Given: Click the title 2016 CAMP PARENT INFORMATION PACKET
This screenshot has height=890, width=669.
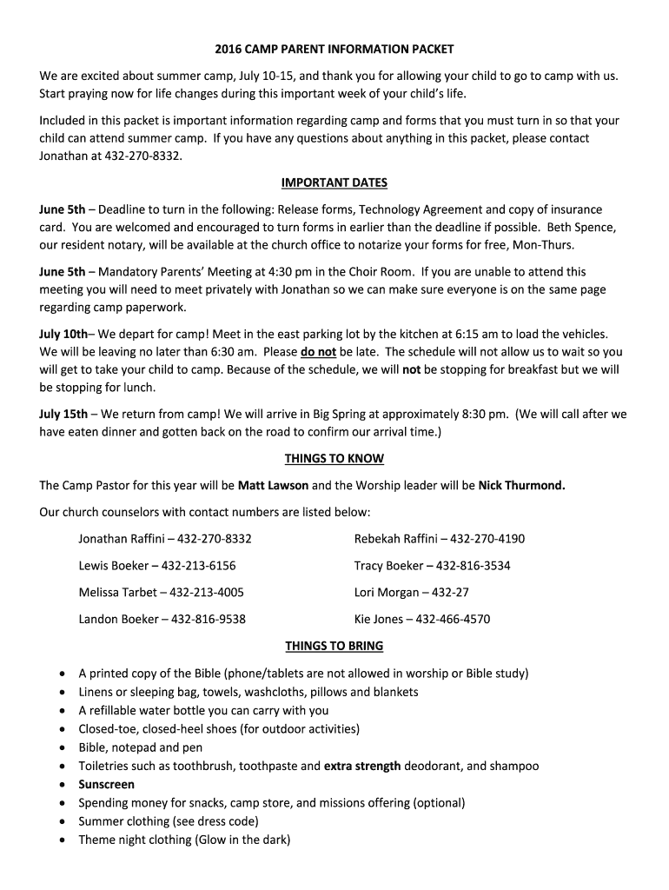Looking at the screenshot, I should tap(334, 50).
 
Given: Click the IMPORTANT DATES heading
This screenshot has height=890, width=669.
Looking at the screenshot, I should tap(334, 183).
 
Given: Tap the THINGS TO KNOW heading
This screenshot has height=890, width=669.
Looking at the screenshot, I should tap(334, 458).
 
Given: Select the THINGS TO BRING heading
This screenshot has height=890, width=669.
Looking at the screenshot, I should tap(334, 646).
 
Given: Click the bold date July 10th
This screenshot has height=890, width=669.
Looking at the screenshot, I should tap(63, 334).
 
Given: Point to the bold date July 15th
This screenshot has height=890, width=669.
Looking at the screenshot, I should tap(63, 414).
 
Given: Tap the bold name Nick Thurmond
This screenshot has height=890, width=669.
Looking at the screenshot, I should tap(521, 485).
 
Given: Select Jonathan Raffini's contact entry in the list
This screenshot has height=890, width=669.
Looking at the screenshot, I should tap(165, 539).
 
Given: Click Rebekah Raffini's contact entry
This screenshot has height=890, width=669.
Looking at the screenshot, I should tap(440, 539).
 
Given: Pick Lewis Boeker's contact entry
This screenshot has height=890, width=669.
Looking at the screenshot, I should tap(157, 566).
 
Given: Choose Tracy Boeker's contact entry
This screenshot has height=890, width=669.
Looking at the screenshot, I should tap(432, 566).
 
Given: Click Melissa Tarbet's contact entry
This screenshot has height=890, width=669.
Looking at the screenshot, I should tap(162, 593).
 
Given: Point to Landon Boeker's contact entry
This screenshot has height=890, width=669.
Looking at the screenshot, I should tap(162, 620).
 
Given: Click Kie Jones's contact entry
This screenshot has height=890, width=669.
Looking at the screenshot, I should tap(422, 620).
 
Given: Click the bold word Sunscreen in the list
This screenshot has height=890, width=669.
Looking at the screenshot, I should tap(107, 785).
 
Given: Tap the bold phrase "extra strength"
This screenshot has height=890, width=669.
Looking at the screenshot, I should tap(362, 766).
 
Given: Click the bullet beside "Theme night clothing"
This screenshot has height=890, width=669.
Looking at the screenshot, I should tap(62, 840).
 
